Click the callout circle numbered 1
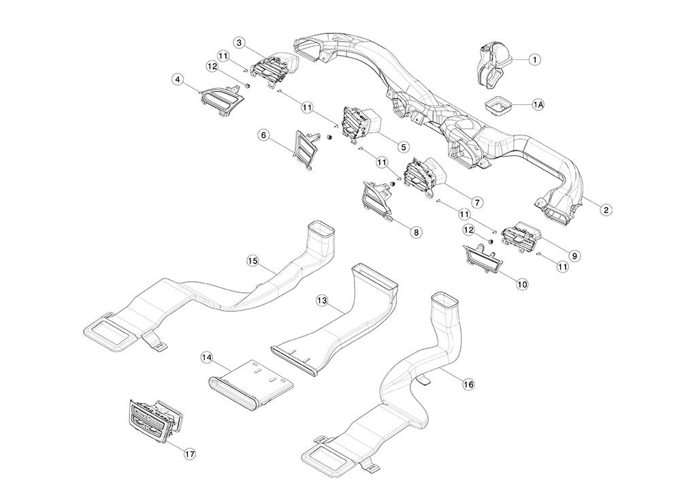coord(534,60)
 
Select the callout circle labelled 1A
coord(538,104)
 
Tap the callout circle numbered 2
coord(605,210)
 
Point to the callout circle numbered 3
coord(240,43)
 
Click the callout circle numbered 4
coord(178,80)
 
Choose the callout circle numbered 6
coord(263,135)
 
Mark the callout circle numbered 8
coord(416,232)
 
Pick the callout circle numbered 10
coord(522,284)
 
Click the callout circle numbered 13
coord(322,300)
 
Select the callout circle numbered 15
coord(253,261)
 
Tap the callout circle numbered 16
coord(468,385)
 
